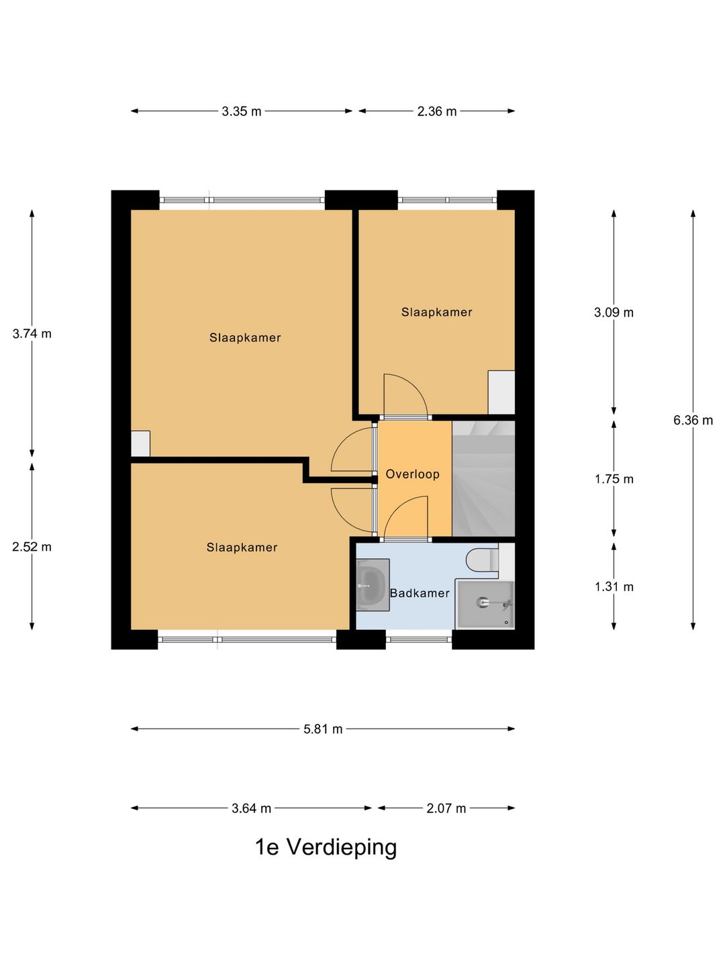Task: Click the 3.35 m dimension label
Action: tap(241, 111)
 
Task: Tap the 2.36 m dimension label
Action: tap(436, 111)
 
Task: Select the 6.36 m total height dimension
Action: tap(693, 421)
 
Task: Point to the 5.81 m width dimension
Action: tap(323, 729)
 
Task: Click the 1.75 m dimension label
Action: tap(614, 479)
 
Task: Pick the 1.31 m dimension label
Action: tap(614, 586)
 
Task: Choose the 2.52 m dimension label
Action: tap(32, 547)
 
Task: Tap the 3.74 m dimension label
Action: tap(32, 334)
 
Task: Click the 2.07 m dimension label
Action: tap(446, 808)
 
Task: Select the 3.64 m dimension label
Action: tap(251, 808)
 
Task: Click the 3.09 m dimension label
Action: tap(614, 313)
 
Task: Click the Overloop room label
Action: tap(412, 474)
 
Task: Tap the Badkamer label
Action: tap(420, 593)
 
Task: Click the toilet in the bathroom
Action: tap(482, 559)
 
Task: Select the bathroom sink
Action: tap(373, 585)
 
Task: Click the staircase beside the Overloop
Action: tap(483, 478)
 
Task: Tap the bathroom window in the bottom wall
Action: tap(419, 639)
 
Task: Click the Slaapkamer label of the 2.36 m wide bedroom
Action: tap(436, 313)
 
